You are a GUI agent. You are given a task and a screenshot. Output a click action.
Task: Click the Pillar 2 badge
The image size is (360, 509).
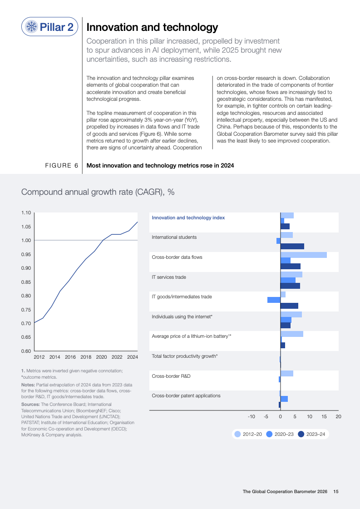50,27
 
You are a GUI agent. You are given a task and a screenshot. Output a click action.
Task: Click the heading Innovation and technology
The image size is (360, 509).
152,28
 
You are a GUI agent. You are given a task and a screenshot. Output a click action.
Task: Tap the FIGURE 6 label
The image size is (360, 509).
61,166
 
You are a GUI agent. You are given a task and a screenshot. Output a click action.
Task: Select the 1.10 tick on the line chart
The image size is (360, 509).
26,213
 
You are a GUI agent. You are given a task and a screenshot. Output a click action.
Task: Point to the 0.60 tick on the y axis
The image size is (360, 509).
26,351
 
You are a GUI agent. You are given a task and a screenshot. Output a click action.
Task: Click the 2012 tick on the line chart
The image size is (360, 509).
39,357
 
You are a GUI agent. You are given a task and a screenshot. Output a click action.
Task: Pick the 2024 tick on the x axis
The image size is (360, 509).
132,357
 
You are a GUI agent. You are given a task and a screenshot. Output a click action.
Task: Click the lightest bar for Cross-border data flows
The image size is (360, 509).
303,255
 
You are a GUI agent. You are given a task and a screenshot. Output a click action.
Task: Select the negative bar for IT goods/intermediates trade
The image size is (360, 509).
274,300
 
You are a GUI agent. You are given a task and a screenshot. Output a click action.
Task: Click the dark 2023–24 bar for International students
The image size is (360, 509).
292,247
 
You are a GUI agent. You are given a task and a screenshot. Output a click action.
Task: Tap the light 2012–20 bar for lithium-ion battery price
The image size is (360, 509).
291,334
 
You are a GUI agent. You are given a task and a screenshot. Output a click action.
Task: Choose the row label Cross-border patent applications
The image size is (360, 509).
186,395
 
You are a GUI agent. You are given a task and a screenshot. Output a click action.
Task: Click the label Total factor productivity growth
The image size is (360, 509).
184,356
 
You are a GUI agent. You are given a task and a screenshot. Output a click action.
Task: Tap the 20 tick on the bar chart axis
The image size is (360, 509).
338,416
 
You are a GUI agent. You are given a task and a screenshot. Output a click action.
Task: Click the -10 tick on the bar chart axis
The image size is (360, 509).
251,416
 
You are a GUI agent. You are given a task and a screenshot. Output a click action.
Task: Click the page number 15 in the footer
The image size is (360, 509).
336,491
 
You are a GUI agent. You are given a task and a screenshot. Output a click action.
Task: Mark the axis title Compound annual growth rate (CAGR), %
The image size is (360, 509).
98,192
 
